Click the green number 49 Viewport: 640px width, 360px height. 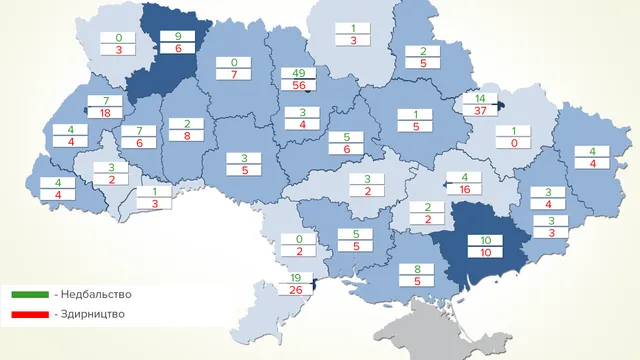pyautogui.click(x=298, y=72)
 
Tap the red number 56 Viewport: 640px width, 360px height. pyautogui.click(x=298, y=86)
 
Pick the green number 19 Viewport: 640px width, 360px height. pyautogui.click(x=295, y=277)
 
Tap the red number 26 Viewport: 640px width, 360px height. pyautogui.click(x=295, y=291)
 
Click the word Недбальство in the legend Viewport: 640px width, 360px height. pyautogui.click(x=95, y=294)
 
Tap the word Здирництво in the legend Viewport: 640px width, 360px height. pyautogui.click(x=93, y=314)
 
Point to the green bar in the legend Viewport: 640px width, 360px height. pyautogui.click(x=31, y=295)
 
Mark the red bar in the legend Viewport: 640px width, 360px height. pyautogui.click(x=31, y=315)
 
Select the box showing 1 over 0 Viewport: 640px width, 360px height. pyautogui.click(x=513, y=137)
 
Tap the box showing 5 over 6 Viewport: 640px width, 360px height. pyautogui.click(x=345, y=143)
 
